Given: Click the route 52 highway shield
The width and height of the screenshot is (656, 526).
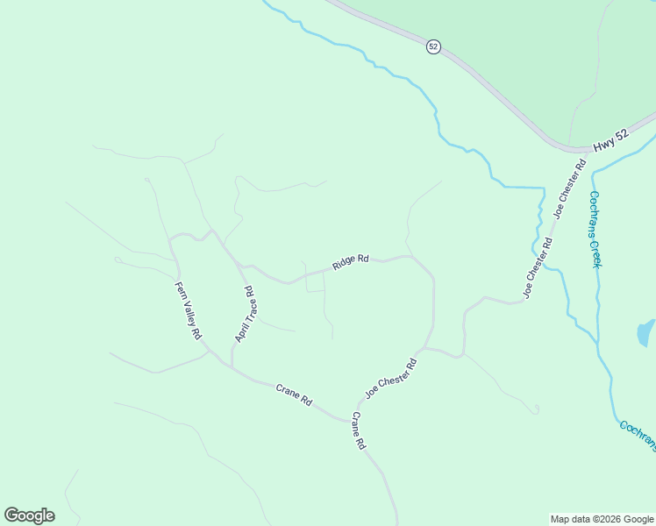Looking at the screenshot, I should point(433,46).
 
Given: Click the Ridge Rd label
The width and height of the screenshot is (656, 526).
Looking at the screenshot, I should point(351,262).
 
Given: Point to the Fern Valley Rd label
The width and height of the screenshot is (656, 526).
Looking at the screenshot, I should point(188,310).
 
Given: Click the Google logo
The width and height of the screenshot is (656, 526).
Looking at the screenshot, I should point(29,515).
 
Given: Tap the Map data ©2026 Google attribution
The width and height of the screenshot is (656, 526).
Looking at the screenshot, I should point(602,519).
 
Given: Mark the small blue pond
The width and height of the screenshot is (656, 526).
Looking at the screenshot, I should point(645,333).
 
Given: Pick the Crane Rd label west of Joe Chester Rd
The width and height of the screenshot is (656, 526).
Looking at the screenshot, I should point(294,394).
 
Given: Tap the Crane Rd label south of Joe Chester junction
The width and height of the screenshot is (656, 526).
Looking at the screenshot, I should point(359,430).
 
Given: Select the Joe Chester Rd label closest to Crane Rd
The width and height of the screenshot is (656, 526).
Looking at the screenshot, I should point(390,378).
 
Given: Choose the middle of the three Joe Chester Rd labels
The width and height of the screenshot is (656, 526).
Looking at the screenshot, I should point(538,267).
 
